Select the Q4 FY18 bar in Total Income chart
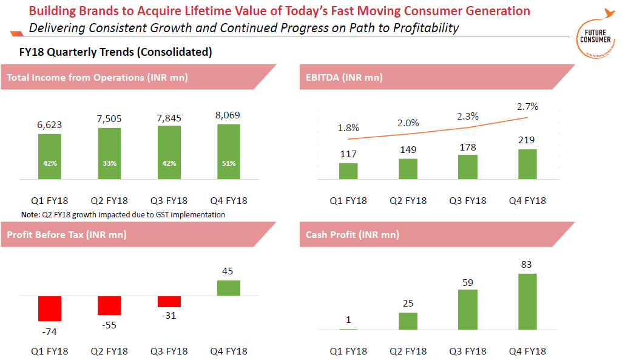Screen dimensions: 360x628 [228, 152]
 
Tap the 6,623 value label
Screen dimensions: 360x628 [50, 125]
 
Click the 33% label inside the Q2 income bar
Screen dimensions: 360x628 [109, 163]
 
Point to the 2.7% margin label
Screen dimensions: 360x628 [527, 106]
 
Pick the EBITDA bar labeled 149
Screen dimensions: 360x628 [408, 169]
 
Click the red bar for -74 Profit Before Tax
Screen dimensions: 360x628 [50, 308]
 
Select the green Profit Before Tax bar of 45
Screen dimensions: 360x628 [228, 288]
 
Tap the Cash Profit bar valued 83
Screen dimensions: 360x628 [527, 302]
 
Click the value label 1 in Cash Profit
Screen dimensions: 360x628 [348, 320]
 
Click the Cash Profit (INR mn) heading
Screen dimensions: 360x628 [353, 234]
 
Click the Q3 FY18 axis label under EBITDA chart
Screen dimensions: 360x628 [467, 201]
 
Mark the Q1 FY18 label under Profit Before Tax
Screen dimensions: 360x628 [50, 351]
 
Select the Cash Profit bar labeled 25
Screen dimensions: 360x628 [408, 321]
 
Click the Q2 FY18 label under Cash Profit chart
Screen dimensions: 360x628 [408, 351]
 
